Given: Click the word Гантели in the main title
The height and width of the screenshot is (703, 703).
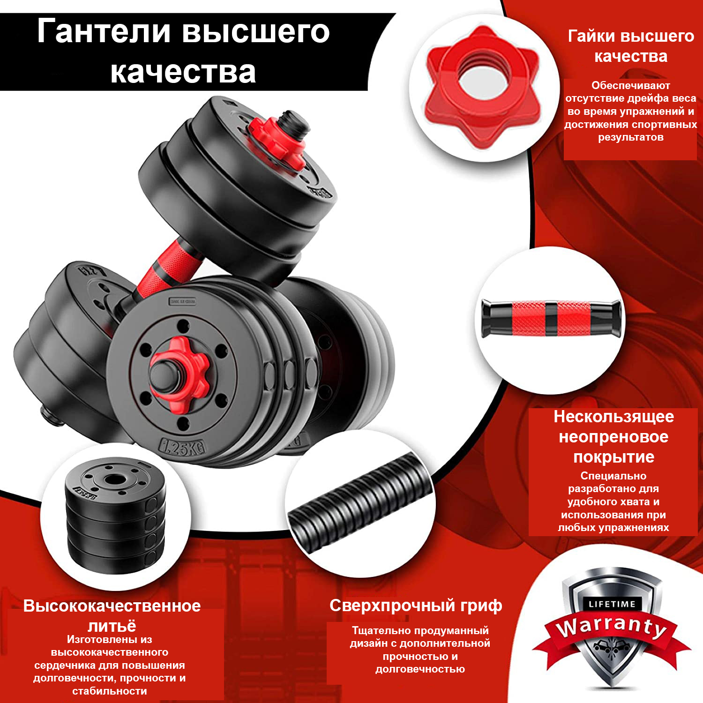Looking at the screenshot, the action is coord(104,32).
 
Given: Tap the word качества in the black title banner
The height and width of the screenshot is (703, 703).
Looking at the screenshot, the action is coord(183,72).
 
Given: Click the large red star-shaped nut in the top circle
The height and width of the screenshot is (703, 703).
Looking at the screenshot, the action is coord(483,88).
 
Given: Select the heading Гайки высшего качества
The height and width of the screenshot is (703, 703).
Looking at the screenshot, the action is coord(631,46).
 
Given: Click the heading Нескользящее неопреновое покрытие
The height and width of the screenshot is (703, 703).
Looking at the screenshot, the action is coord(613,436).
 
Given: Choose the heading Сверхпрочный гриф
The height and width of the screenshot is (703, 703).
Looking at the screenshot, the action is coord(416,606).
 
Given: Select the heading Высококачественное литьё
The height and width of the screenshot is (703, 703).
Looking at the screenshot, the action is coord(112,615).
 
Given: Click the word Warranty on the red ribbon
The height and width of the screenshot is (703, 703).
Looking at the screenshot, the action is coord(612,627).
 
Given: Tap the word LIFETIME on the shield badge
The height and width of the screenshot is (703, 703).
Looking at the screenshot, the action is coord(612,604).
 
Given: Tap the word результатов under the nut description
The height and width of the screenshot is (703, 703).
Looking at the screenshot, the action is coord(631,138).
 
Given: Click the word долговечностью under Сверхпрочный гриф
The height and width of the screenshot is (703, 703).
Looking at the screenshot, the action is coord(420,669).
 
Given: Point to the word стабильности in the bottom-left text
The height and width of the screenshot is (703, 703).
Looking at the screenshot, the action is coord(110,691).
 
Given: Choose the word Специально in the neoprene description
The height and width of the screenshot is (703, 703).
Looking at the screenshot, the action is coord(613,476).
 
